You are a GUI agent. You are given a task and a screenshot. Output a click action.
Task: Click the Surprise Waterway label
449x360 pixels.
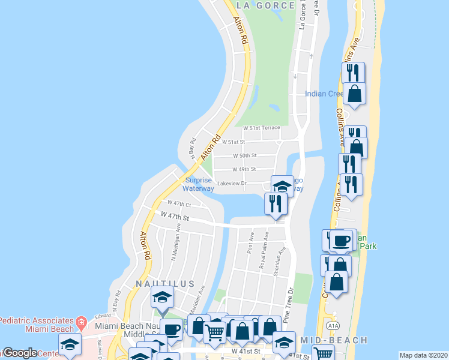(x=199, y=184)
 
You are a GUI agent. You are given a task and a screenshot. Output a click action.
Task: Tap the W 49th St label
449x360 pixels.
(x=244, y=170)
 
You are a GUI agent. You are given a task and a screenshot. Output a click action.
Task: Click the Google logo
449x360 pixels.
(x=20, y=353)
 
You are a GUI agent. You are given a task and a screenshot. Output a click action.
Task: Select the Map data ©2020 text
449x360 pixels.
(x=423, y=355)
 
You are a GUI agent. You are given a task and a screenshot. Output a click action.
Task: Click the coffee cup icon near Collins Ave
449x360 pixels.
(x=342, y=241)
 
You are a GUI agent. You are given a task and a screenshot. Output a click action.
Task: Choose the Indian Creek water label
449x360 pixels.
(x=323, y=94)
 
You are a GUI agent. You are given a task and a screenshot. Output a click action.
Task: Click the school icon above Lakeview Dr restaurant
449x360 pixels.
(x=282, y=186)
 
